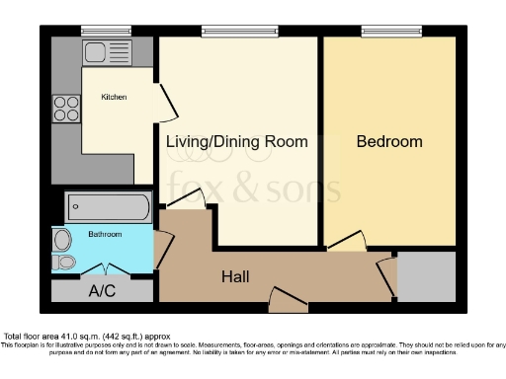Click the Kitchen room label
pos(115,98)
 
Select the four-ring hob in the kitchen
pos(65,107)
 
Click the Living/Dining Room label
pos(236,142)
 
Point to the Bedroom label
pos(389,142)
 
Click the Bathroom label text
pos(105,234)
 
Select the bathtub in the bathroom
pos(108,208)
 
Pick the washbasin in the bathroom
pos(62,239)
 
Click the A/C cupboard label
pos(102,292)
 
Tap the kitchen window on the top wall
pos(96,31)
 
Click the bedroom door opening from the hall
pos(345,243)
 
